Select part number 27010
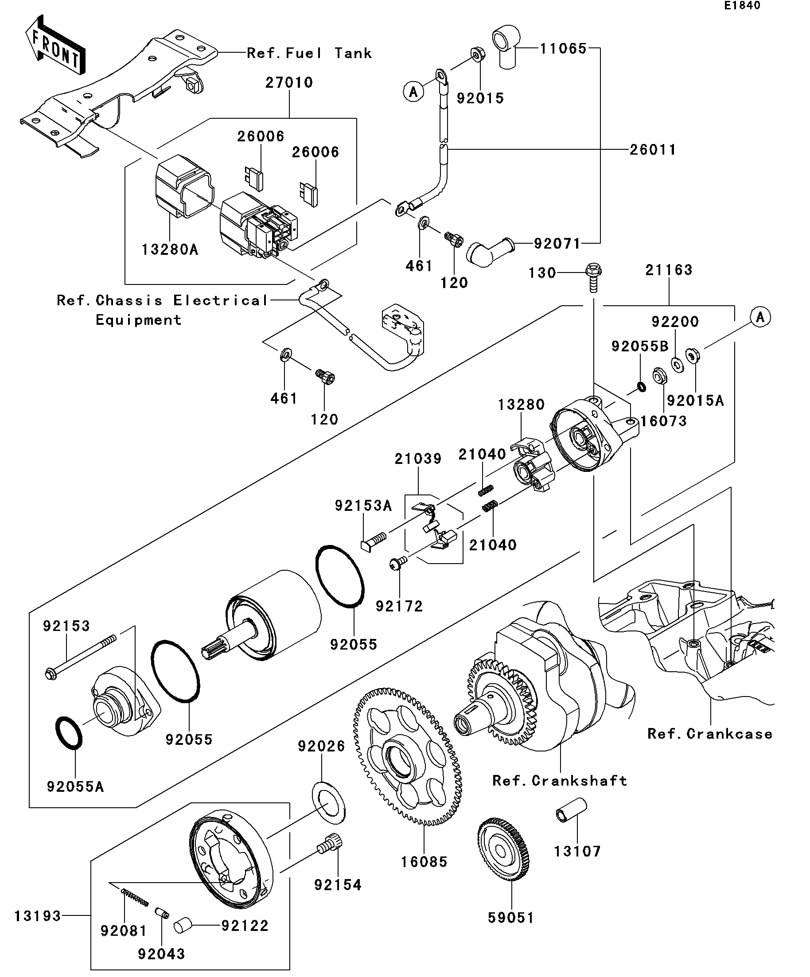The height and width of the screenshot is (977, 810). point(289,82)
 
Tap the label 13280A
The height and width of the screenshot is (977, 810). point(170,250)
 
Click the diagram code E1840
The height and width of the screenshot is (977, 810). point(742,6)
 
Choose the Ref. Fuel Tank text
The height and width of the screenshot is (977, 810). point(309,53)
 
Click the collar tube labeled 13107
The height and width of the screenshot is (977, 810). point(570,810)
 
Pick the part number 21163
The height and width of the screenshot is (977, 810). point(669,270)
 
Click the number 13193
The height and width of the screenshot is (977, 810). point(38,916)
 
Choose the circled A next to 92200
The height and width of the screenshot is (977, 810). point(760,317)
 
